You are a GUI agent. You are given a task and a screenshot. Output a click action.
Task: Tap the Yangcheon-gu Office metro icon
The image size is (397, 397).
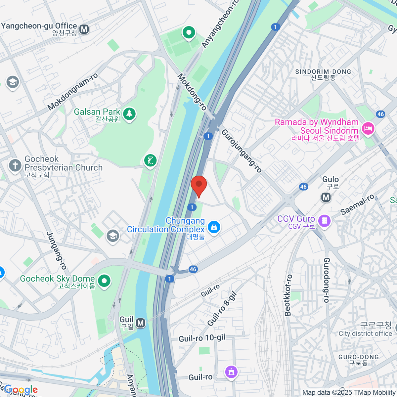(84, 29)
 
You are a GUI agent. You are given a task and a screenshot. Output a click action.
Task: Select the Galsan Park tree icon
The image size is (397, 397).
(129, 114)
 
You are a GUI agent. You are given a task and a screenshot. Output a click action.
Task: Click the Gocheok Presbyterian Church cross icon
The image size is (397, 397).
(15, 165)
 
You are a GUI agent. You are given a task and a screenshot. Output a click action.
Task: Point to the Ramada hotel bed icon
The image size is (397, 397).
(368, 128)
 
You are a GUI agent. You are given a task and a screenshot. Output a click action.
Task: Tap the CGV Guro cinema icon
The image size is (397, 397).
(324, 221)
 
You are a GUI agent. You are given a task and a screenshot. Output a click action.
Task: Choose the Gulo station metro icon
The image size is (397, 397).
(326, 198)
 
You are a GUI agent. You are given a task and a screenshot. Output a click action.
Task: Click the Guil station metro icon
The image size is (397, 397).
(141, 323)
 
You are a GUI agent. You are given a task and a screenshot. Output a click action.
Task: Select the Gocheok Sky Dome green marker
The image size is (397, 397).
(105, 281)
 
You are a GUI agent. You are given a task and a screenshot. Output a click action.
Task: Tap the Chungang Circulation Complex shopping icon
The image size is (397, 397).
(214, 227)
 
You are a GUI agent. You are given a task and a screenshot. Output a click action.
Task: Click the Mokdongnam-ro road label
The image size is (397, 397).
(73, 92)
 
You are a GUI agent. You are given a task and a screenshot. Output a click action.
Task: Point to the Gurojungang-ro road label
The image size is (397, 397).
(242, 151)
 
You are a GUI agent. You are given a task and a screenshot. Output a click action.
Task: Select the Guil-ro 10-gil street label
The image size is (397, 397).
(202, 338)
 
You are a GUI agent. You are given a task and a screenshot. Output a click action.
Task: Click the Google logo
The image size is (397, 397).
(21, 390)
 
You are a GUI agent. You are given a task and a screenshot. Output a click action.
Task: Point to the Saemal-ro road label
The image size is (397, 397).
(358, 204)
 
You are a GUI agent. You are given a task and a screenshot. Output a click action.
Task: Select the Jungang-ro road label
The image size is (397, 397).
(57, 250)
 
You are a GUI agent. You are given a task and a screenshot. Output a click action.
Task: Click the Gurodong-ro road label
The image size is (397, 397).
(327, 280)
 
